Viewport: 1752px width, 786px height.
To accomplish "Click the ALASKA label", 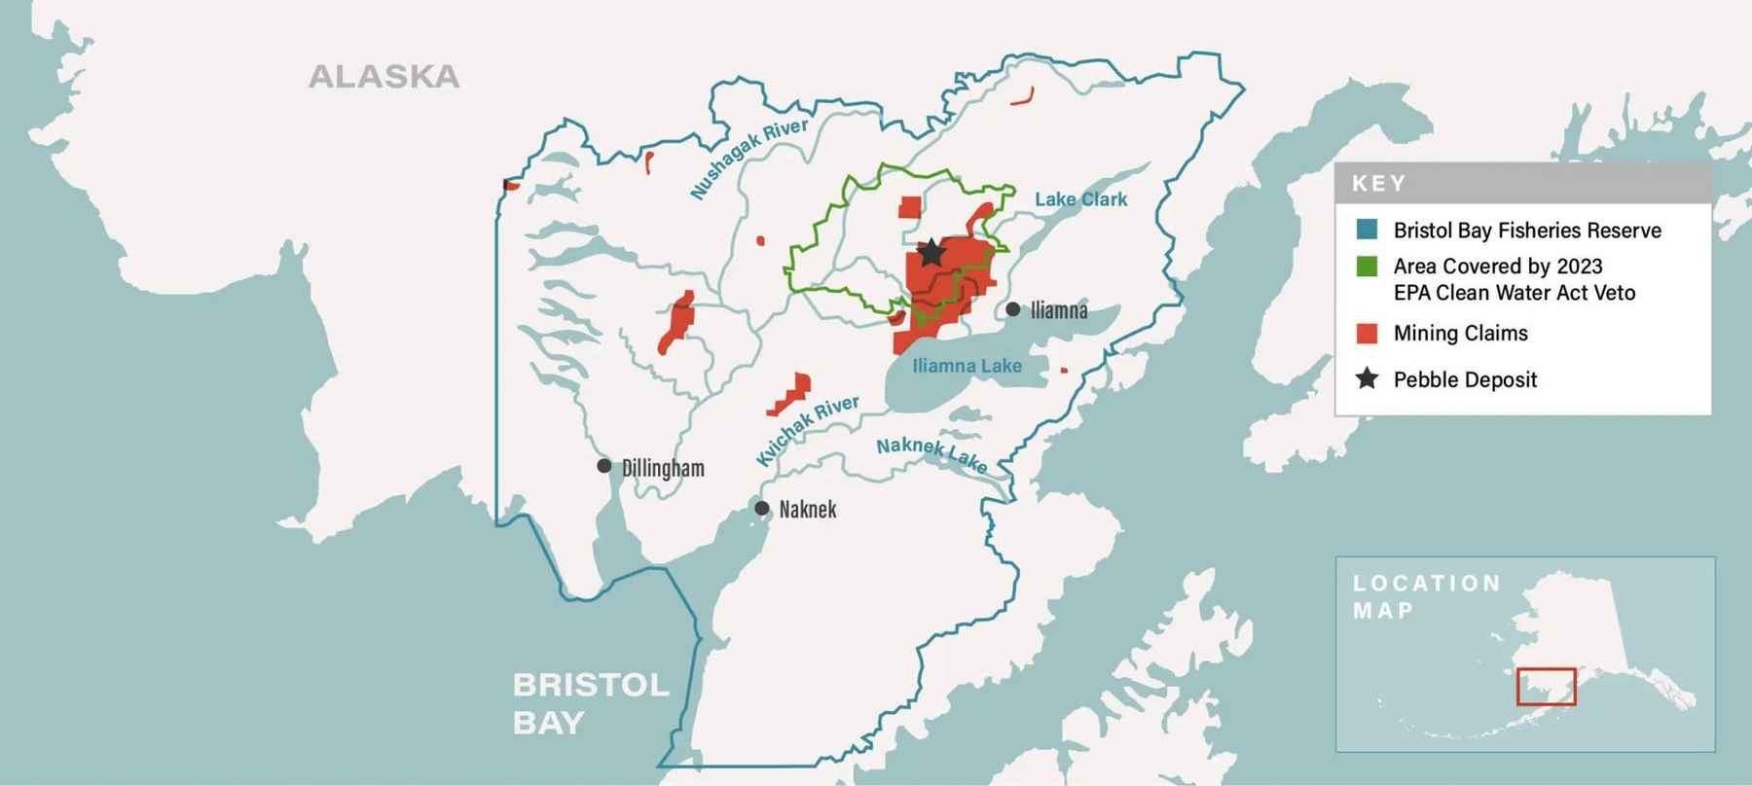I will click(383, 77).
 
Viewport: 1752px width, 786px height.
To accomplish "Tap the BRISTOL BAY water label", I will click(591, 703).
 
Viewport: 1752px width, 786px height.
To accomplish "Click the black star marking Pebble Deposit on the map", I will click(931, 252).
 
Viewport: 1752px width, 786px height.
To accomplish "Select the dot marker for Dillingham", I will click(604, 466).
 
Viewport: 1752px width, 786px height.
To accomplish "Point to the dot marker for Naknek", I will click(762, 508).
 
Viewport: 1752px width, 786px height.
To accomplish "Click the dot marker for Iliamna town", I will click(1013, 309).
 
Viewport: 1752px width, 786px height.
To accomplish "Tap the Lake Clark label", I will click(1080, 199).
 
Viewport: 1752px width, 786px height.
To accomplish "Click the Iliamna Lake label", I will click(967, 366).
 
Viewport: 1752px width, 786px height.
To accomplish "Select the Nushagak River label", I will click(748, 159).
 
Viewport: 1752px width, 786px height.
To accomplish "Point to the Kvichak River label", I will click(808, 429).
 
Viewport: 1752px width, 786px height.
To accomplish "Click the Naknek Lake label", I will click(931, 454).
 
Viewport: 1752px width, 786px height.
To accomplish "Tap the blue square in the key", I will click(1368, 231).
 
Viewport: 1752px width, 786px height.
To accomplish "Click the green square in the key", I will click(1368, 267).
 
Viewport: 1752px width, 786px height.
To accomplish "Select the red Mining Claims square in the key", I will click(1368, 334).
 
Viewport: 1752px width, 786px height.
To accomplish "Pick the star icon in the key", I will click(1368, 378).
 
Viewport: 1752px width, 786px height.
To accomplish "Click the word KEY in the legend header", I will click(1378, 183).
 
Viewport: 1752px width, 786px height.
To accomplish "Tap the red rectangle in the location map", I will click(1546, 687).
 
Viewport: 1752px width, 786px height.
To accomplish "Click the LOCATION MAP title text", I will click(1426, 596).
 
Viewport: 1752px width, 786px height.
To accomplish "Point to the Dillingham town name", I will click(663, 468).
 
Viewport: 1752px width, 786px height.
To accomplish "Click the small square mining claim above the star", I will click(909, 207).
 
